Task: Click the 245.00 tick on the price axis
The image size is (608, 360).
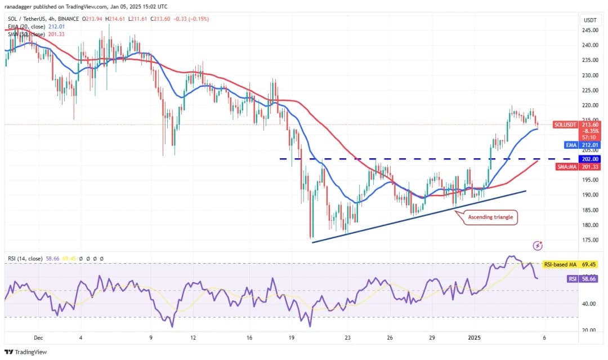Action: click(591, 30)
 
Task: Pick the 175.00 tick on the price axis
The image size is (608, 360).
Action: click(591, 240)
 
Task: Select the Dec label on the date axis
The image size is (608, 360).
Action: click(38, 338)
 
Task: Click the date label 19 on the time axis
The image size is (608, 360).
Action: click(292, 338)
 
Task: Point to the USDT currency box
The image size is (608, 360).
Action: click(591, 20)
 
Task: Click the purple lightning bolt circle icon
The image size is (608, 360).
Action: click(538, 246)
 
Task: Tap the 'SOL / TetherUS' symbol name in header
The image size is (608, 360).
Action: click(25, 19)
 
